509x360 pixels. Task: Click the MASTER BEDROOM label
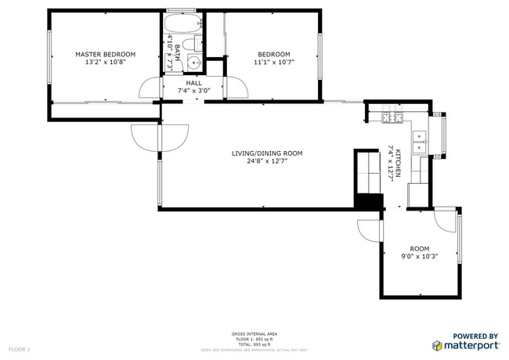(105, 54)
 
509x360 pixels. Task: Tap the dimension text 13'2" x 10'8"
(105, 63)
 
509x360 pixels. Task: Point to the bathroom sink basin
(196, 64)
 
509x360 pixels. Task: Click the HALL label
(193, 83)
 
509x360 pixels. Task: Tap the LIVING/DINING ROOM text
(266, 153)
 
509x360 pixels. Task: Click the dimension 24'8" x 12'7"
(266, 162)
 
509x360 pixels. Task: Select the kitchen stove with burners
(391, 118)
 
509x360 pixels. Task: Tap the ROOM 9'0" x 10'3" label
(419, 251)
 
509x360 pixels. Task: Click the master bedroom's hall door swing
(153, 88)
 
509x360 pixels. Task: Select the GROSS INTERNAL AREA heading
(254, 333)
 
